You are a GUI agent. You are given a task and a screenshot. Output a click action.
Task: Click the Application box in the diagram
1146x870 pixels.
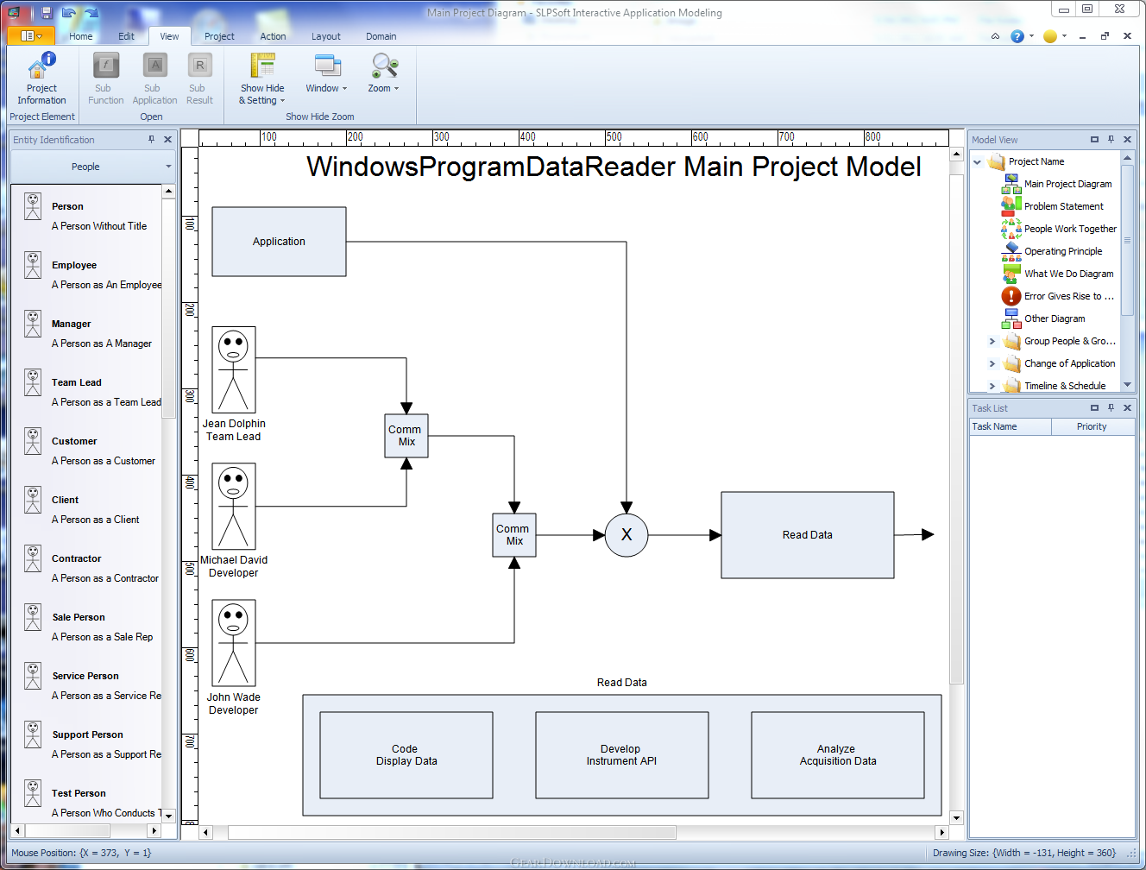tap(279, 242)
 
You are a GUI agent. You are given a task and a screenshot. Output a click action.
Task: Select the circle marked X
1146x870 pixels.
tap(626, 535)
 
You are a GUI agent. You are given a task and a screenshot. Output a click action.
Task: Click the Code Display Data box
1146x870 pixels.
tap(406, 754)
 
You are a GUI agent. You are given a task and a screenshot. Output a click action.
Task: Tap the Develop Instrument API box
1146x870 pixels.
tap(621, 754)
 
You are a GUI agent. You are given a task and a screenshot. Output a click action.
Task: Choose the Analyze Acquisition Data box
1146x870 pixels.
tap(837, 754)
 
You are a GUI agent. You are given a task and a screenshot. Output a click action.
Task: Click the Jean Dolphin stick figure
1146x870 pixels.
tap(233, 369)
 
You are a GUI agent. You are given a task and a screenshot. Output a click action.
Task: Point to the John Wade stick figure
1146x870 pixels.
tap(233, 643)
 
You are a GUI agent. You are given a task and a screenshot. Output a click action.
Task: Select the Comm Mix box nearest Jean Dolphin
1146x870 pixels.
tap(406, 436)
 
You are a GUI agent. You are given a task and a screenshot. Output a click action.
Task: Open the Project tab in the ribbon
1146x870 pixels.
tap(219, 36)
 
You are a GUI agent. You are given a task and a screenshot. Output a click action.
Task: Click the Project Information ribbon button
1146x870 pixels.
tap(41, 79)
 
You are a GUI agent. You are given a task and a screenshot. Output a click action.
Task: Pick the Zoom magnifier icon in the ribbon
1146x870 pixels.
tap(384, 66)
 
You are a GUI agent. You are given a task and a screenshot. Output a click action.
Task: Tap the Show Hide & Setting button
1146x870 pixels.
tap(262, 79)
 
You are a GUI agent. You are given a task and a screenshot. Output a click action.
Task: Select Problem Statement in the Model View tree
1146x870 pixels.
tap(1063, 206)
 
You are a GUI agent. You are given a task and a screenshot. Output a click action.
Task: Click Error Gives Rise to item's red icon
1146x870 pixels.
tap(1011, 296)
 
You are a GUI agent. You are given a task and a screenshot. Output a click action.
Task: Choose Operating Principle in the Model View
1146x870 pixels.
tap(1063, 251)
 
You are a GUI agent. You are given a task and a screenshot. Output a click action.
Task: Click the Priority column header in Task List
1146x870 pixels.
tap(1091, 426)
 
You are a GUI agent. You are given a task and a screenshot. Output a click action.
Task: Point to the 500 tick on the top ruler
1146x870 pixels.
tap(606, 137)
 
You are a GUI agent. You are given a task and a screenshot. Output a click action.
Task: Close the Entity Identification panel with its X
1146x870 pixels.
tap(167, 140)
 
